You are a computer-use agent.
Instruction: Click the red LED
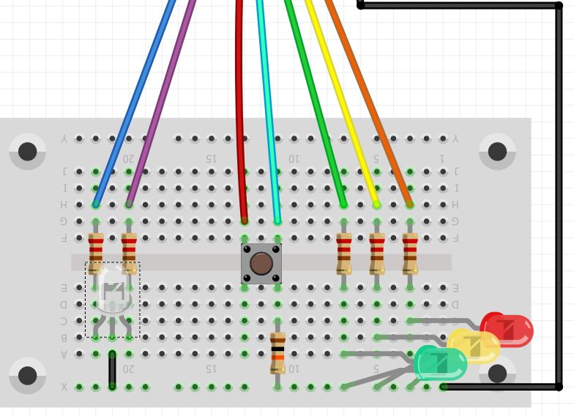pos(507,330)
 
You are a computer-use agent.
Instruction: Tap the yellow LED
pos(474,346)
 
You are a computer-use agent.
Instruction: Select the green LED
pos(440,363)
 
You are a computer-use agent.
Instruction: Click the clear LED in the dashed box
pos(112,292)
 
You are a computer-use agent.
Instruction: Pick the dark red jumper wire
pos(239,110)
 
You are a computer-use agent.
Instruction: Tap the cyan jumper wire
pos(268,110)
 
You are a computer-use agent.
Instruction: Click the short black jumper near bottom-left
pos(112,370)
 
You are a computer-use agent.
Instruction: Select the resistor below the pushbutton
pos(277,353)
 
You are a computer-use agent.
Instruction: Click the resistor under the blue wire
pos(95,253)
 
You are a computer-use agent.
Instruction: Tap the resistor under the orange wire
pos(410,253)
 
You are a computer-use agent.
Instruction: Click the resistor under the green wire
pos(344,253)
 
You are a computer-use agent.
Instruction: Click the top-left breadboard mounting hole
pos(28,152)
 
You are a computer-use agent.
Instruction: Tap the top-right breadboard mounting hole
pos(497,152)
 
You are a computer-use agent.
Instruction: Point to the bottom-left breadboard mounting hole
pos(28,375)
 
